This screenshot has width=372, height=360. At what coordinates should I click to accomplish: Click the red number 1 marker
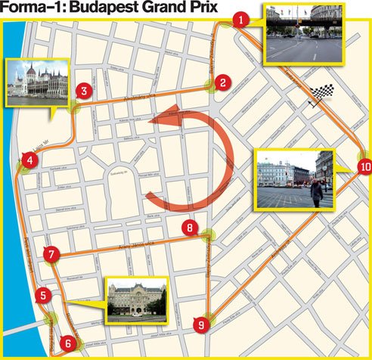tap(240, 20)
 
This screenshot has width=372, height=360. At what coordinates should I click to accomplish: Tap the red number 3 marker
tap(84, 92)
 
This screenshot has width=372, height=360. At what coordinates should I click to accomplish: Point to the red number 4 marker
tap(29, 160)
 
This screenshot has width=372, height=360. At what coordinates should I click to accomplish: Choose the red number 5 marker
tap(45, 296)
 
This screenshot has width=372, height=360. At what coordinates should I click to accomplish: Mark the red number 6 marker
tap(69, 343)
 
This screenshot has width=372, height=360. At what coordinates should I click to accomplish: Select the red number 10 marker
tap(364, 166)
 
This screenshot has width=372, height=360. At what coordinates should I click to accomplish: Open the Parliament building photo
tap(37, 82)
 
